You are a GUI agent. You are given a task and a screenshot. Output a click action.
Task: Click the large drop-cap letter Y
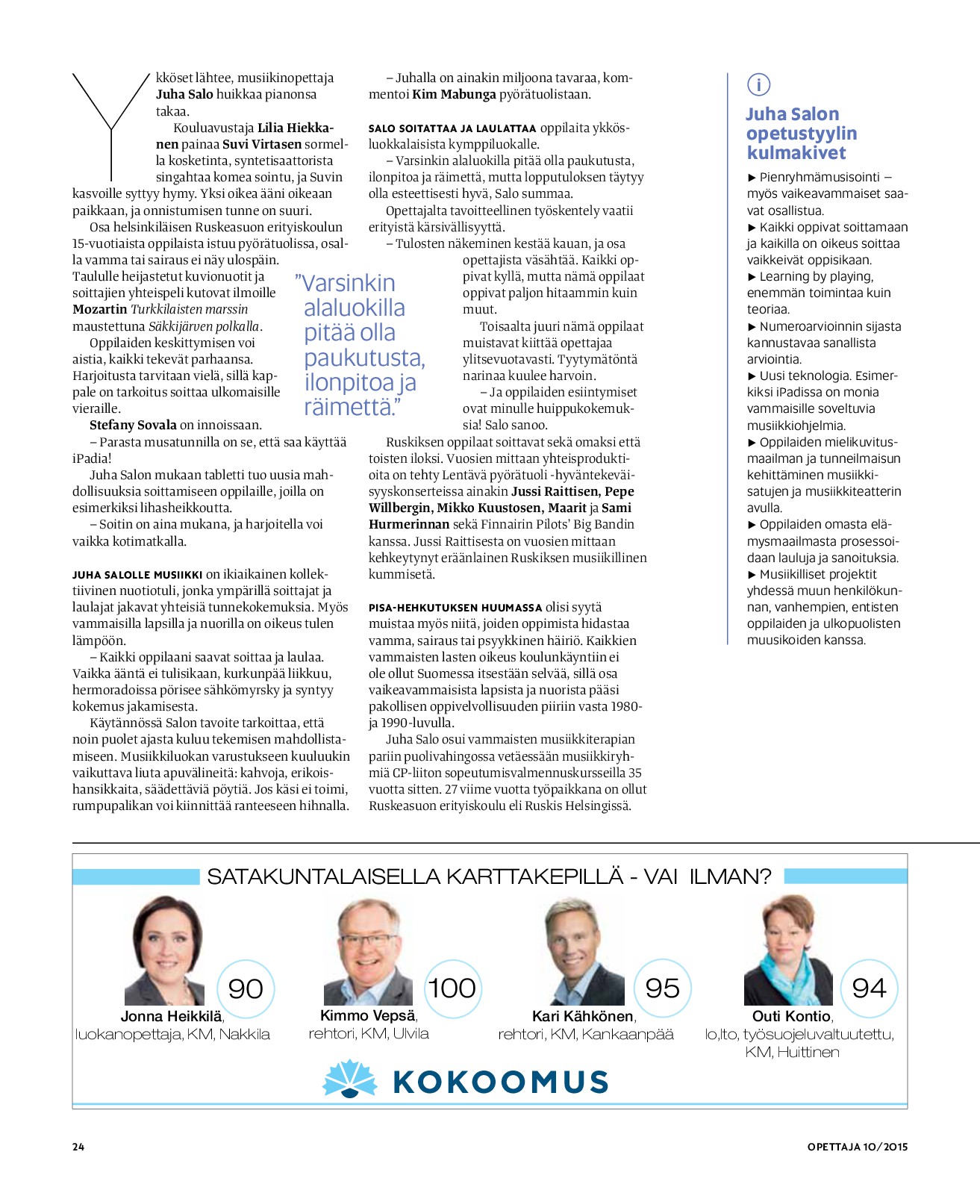click(111, 123)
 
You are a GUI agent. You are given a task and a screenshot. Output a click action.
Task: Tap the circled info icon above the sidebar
click(758, 85)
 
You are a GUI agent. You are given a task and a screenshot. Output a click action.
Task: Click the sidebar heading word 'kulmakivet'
click(796, 153)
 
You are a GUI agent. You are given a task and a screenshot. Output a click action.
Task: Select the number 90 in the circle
click(246, 988)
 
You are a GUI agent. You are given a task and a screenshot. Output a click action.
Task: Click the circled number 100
click(452, 988)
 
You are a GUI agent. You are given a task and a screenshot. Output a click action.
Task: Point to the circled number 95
click(662, 988)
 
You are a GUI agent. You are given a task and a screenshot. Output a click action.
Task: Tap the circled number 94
click(869, 988)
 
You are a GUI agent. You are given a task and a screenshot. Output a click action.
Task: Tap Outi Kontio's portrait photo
click(787, 951)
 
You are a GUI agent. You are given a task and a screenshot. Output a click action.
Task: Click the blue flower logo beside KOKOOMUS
click(349, 1080)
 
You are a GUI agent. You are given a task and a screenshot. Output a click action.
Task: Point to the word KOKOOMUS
click(500, 1082)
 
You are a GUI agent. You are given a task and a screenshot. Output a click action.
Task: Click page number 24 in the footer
click(78, 1147)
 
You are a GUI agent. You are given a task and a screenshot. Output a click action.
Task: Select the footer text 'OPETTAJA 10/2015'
click(857, 1147)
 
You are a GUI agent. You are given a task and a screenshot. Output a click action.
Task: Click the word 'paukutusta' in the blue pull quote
click(364, 358)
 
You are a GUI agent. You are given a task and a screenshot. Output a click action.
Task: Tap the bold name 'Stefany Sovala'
click(133, 425)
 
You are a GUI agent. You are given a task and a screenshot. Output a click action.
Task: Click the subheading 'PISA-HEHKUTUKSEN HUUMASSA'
click(455, 608)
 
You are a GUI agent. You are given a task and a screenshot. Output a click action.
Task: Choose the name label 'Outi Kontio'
click(791, 1016)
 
